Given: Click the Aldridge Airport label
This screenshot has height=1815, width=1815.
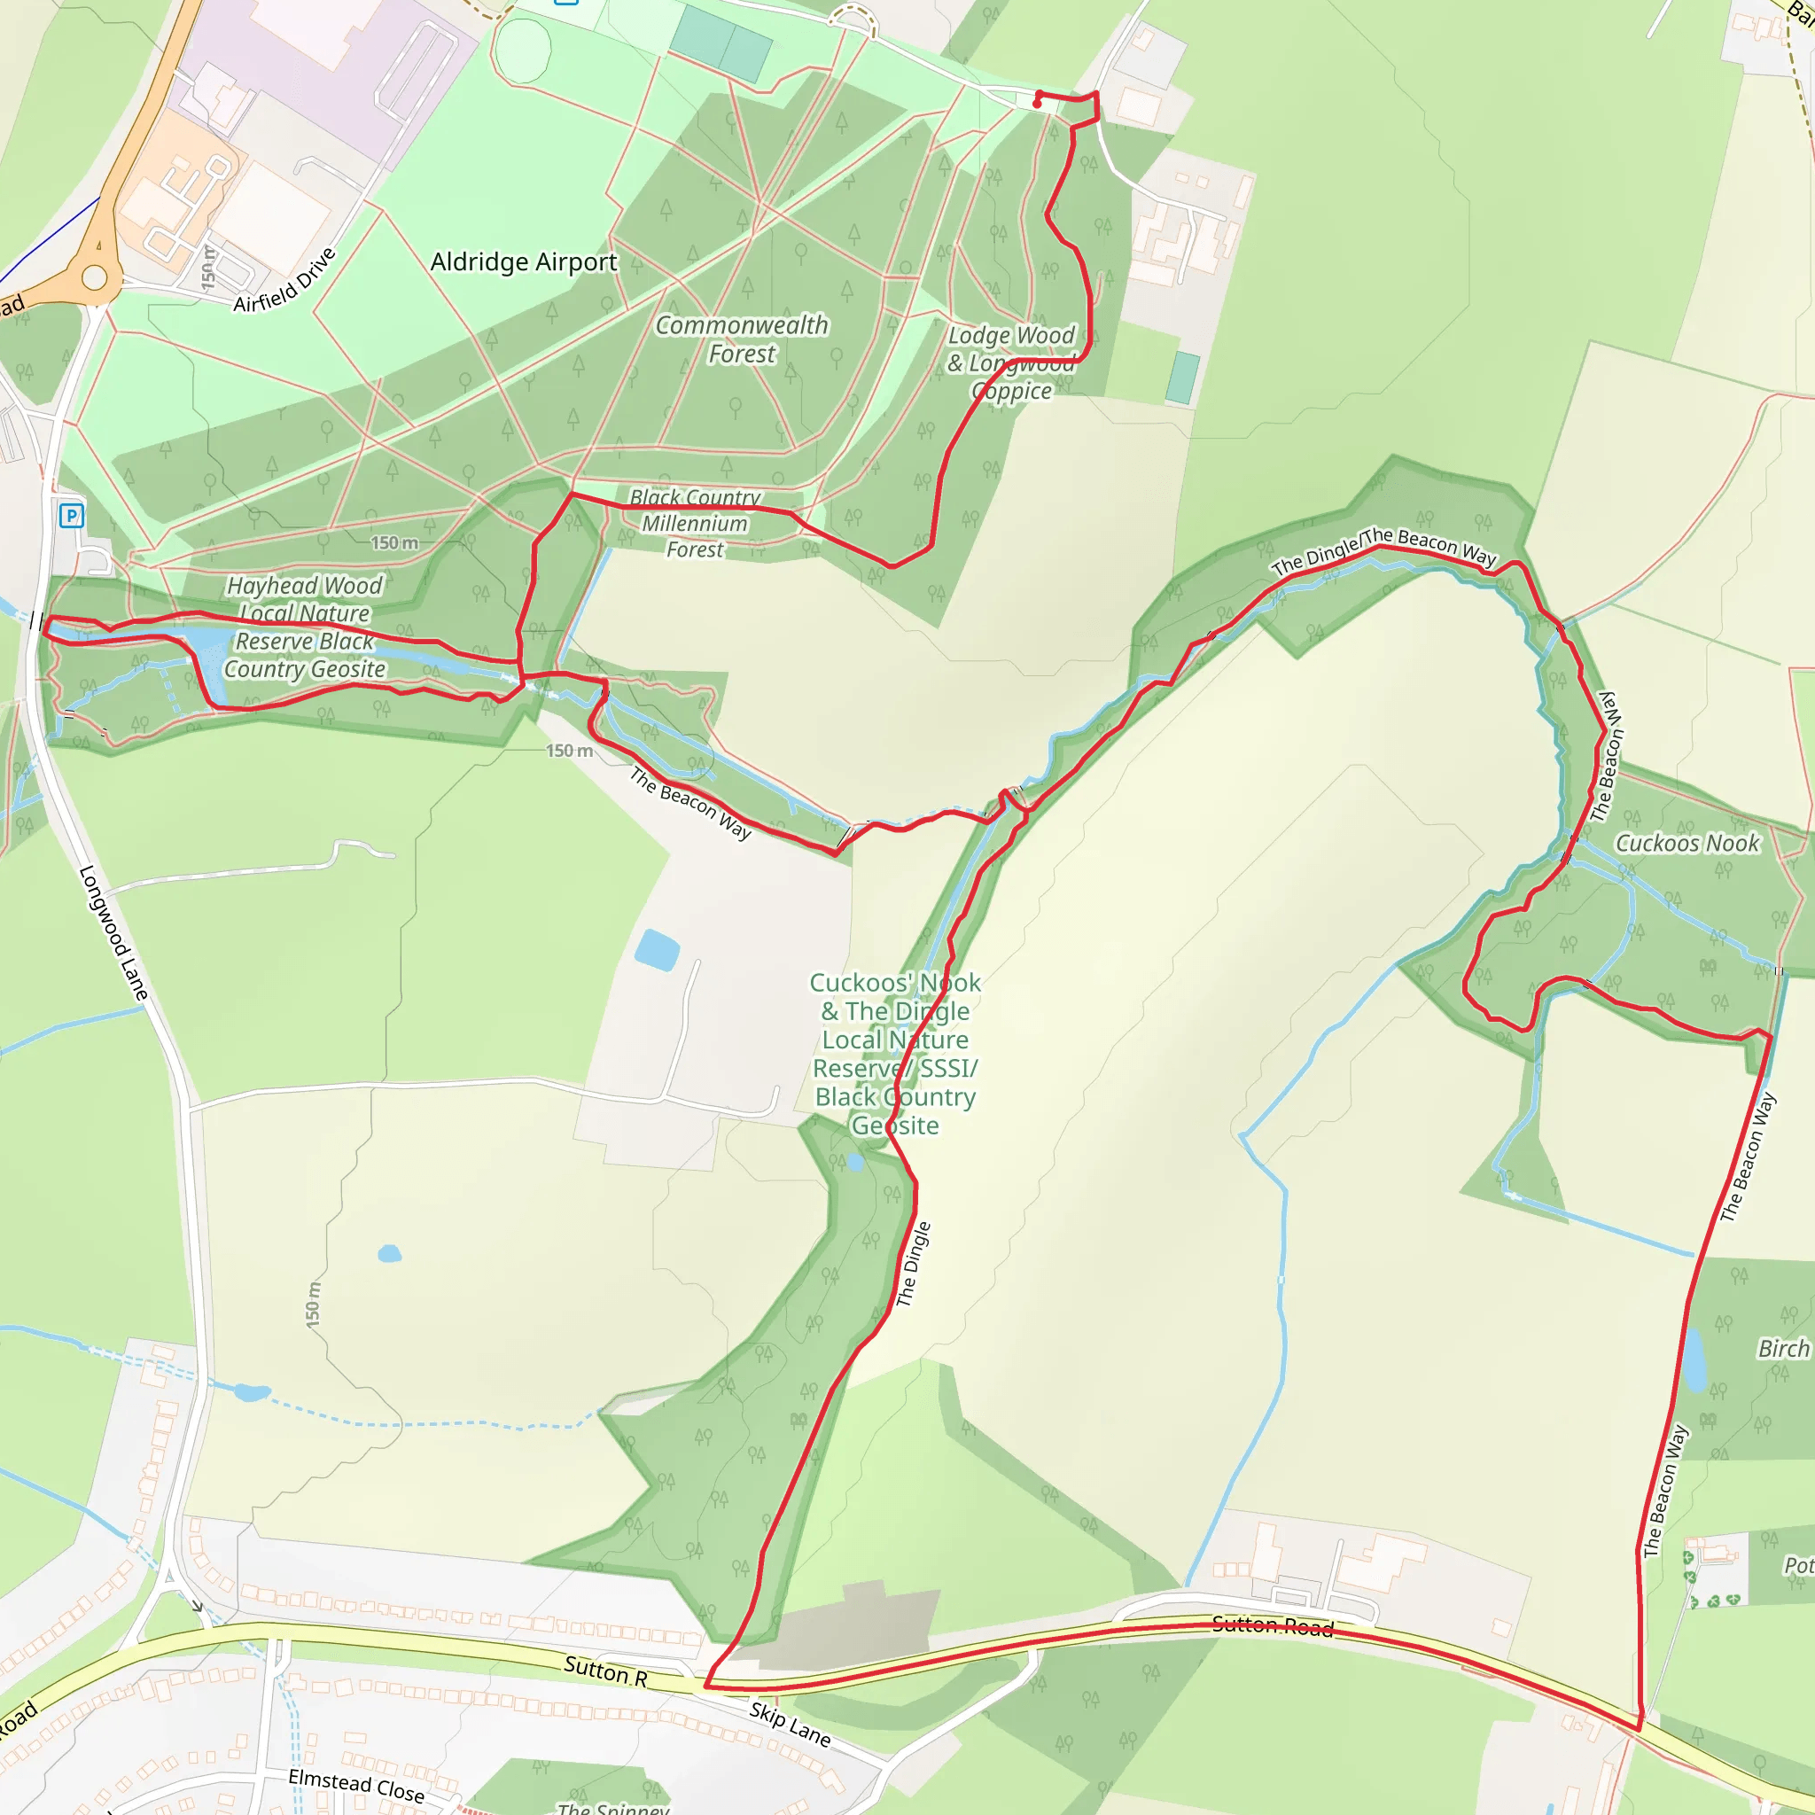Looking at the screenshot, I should tap(523, 262).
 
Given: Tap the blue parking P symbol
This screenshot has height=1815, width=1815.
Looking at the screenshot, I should tap(72, 515).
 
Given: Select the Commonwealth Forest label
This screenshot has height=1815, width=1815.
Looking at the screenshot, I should tap(742, 339).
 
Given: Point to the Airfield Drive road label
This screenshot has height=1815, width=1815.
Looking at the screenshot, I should tap(284, 280).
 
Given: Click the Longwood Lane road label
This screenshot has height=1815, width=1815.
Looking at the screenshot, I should tap(113, 932).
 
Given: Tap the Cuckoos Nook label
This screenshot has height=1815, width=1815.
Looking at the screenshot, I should tap(1686, 844).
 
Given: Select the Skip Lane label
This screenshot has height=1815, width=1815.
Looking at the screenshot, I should tap(790, 1725).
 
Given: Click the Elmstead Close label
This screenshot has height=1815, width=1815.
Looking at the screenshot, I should tap(356, 1785).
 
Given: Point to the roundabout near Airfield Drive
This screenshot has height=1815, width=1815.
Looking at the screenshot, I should tap(95, 277).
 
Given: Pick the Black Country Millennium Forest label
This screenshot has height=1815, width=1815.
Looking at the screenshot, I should tap(695, 523).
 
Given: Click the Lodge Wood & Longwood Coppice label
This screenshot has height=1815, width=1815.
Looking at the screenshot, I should tap(1011, 362).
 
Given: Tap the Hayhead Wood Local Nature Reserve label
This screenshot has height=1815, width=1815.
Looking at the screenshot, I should tap(304, 627).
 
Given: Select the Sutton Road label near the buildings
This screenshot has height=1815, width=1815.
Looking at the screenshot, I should tap(1272, 1626).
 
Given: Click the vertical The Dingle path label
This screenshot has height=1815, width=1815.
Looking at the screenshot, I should tap(913, 1264).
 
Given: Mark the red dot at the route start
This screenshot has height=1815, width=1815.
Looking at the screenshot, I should tap(1036, 105).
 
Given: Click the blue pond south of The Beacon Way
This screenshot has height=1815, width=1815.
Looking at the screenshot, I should tap(657, 950).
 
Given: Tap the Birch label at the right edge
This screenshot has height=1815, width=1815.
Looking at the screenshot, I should tap(1783, 1348).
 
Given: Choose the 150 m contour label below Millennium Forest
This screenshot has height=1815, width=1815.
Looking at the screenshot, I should tap(569, 751).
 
